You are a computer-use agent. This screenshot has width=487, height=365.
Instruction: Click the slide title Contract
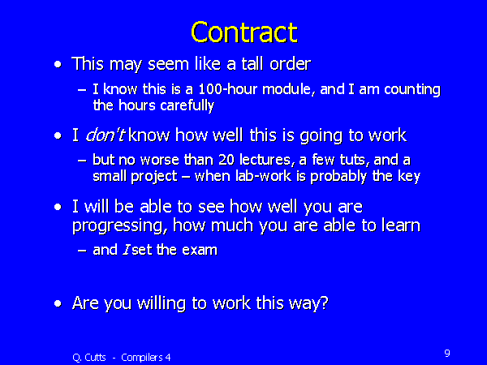tap(243, 32)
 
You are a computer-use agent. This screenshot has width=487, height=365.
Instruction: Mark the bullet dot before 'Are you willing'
tap(56, 303)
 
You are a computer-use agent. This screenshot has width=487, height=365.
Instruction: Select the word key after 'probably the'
tap(408, 176)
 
